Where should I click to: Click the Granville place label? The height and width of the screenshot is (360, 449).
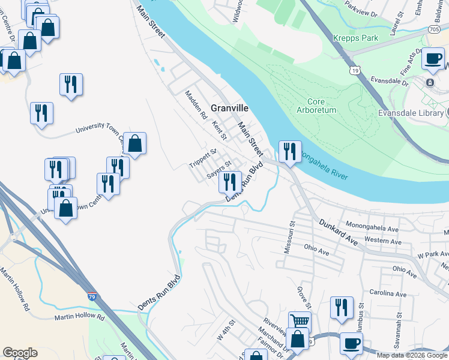coord(229,109)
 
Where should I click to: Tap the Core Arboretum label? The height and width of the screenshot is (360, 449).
coord(315,106)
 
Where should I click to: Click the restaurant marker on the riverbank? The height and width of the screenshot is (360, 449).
coord(290,151)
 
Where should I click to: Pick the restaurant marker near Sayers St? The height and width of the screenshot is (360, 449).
coord(231,180)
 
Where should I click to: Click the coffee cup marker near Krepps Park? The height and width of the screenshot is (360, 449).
coord(433,59)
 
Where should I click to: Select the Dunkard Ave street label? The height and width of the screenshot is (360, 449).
coord(338,232)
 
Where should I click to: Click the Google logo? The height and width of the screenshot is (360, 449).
coord(20,353)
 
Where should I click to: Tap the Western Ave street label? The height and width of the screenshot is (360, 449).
coord(382,240)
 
